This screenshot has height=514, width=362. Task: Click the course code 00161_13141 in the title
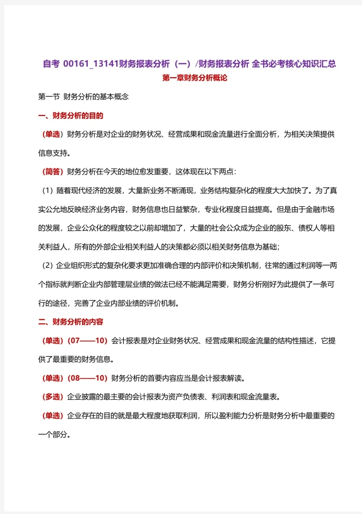point(91,64)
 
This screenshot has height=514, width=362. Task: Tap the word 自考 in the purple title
point(51,64)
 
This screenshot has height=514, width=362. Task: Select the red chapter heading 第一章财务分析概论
point(195,78)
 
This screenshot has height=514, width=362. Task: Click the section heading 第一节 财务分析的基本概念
point(83,97)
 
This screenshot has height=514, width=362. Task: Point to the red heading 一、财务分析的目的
point(71,116)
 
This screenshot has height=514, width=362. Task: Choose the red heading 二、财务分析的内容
point(71,322)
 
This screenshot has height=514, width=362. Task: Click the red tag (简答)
point(53,172)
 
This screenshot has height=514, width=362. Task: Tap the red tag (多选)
point(53,397)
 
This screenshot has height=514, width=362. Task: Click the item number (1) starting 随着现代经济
point(47,191)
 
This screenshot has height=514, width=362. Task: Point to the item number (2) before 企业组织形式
point(47,265)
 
